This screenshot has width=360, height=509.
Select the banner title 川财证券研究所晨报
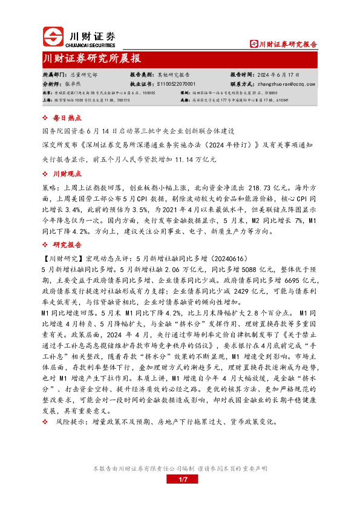click(92, 58)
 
